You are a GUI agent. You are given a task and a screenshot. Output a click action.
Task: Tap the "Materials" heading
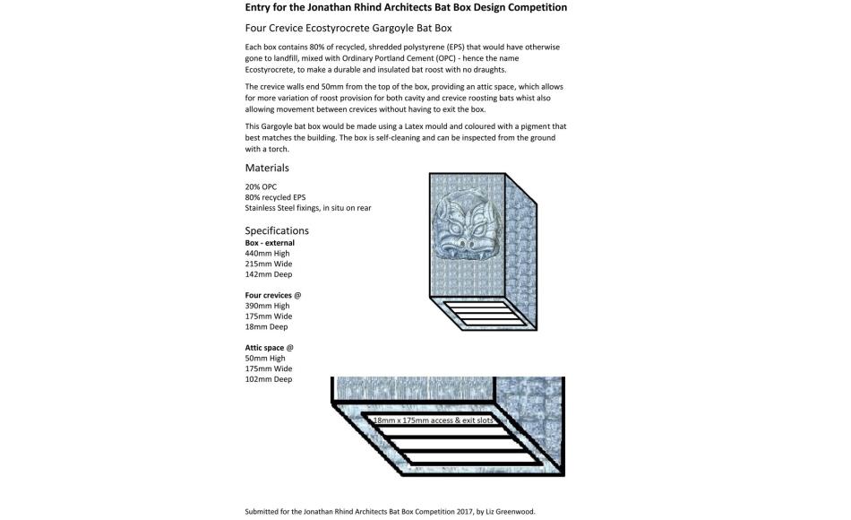tap(267, 168)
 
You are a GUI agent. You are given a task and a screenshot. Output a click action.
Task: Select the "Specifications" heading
tap(277, 230)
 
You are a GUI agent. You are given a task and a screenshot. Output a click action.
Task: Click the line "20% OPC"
tap(261, 186)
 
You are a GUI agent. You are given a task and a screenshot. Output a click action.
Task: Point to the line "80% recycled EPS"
tap(275, 197)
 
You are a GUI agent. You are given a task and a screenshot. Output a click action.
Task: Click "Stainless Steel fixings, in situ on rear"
tap(307, 208)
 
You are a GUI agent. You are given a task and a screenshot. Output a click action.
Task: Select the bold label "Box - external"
tap(270, 243)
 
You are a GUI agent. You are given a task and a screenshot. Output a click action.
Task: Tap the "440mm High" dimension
tap(267, 254)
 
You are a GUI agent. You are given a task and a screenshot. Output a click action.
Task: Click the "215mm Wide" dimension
tap(268, 264)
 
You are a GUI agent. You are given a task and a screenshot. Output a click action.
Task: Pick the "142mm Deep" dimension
tap(268, 274)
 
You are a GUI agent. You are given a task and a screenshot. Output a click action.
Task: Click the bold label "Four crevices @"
tap(273, 295)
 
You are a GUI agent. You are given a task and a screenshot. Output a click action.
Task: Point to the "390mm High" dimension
tap(267, 306)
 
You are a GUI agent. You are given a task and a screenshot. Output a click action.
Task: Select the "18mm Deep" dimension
tap(266, 326)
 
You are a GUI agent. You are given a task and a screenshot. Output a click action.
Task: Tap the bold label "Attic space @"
tap(269, 348)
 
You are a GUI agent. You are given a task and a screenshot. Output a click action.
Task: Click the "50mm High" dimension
tap(264, 359)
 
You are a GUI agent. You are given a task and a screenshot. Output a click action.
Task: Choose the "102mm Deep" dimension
tap(268, 379)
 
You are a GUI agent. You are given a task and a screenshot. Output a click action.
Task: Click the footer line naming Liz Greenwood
tap(390, 512)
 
